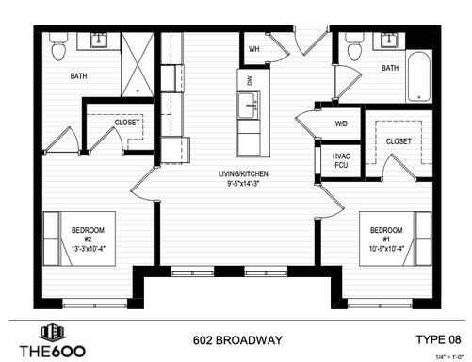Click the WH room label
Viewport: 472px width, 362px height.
point(254,48)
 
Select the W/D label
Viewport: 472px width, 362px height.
point(341,123)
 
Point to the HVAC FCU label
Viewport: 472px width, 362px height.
point(341,160)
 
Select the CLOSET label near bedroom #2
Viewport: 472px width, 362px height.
point(127,122)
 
